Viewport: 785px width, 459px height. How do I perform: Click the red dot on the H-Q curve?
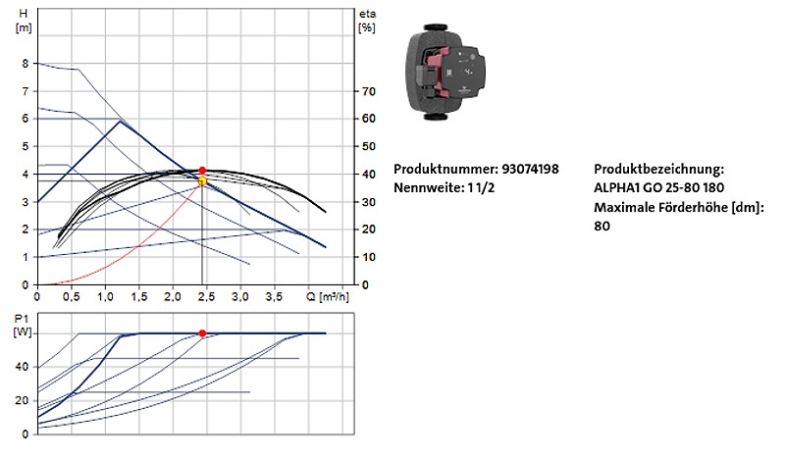[x=202, y=171]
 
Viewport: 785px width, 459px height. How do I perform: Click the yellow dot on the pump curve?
[x=202, y=181]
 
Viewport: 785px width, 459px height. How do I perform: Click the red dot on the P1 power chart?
[x=202, y=333]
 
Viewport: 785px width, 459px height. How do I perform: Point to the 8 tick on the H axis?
[x=25, y=63]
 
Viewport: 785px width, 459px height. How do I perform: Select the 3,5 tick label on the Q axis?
[x=276, y=295]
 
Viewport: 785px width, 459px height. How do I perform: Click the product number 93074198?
[x=529, y=169]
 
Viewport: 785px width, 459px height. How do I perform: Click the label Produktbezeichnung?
[x=658, y=169]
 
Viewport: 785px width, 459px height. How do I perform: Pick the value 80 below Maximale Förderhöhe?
[x=602, y=226]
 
